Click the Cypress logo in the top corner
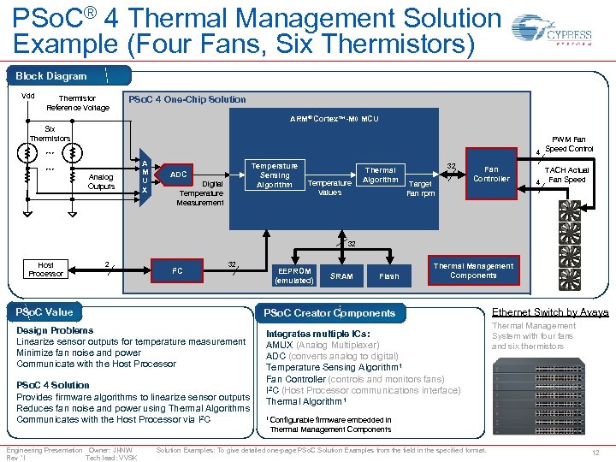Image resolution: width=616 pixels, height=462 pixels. point(564,37)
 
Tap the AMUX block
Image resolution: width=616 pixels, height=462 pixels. point(145,177)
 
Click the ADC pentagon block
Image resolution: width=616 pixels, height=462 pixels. point(178,175)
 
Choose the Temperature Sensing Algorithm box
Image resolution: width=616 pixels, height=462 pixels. point(274,175)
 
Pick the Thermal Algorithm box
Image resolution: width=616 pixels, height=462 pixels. point(380,175)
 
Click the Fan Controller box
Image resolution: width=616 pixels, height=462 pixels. point(491,174)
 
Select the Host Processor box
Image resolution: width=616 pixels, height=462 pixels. point(45,269)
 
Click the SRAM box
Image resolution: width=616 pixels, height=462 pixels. point(341,275)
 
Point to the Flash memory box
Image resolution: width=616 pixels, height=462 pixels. point(388,275)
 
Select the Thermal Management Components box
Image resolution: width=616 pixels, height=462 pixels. point(473,270)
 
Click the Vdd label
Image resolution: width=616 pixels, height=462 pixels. point(27,96)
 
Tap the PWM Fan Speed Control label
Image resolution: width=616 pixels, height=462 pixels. point(568,144)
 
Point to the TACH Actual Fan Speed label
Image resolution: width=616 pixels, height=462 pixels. point(566,175)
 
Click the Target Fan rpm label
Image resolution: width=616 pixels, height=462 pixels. point(420,188)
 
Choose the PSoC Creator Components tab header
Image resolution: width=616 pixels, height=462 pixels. point(329,313)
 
